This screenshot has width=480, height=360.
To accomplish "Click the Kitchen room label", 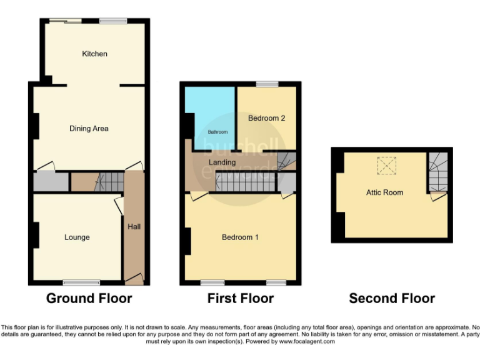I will click(95, 54).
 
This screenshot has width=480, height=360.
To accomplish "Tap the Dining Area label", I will click(89, 129).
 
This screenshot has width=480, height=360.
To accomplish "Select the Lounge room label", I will click(77, 237).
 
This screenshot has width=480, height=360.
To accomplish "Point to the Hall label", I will click(134, 226).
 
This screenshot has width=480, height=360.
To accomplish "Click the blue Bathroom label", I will click(217, 132).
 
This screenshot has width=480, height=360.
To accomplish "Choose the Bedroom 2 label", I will click(267, 118).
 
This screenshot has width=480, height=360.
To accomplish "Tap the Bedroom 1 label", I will click(241, 237).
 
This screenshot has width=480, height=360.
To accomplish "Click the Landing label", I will click(222, 162).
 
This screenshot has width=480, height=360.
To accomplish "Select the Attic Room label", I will click(384, 192).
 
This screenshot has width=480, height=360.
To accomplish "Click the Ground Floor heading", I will click(89, 299).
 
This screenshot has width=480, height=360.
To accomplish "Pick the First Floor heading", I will click(241, 299).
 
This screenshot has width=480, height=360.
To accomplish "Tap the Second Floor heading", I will click(392, 299).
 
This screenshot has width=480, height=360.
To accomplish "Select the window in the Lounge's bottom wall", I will click(81, 282).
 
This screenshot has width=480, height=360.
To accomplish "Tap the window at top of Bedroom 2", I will click(267, 84).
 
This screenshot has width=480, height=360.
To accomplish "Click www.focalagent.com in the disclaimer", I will click(306, 342).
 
